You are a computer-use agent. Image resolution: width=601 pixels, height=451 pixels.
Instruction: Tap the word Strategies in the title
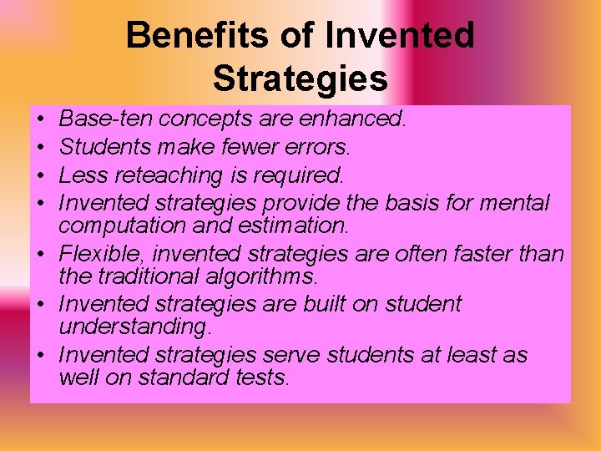(300, 79)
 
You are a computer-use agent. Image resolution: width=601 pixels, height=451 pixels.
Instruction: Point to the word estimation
(291, 225)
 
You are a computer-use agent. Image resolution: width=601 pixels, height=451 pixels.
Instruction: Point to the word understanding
(134, 327)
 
